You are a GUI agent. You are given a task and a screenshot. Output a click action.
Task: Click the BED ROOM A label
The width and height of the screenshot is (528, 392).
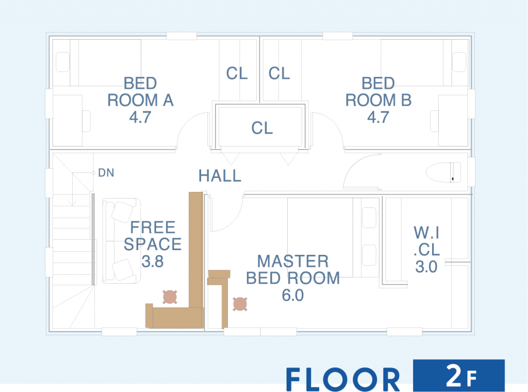(140, 92)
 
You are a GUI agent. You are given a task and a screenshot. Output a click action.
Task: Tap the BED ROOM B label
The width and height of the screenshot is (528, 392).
(378, 92)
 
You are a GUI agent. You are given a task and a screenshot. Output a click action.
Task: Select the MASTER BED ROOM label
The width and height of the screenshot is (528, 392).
(293, 269)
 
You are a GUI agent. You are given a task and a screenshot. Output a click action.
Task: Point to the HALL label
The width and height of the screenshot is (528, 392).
(220, 176)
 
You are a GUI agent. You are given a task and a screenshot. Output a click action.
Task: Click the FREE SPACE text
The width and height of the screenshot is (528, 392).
(153, 236)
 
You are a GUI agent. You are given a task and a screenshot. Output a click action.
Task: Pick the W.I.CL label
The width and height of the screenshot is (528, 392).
(426, 241)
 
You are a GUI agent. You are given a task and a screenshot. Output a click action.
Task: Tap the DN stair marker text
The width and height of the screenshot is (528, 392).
(106, 173)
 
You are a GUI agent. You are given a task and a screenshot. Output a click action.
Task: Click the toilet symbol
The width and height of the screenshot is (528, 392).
(443, 172)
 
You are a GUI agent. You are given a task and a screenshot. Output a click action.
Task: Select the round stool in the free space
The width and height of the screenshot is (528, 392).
(170, 297)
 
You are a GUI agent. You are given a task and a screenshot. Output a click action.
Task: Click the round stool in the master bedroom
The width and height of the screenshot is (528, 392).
(240, 304)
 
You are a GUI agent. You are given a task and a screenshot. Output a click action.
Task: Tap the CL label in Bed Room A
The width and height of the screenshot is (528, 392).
(237, 73)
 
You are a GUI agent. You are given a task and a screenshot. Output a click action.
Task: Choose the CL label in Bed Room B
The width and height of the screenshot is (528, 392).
(279, 73)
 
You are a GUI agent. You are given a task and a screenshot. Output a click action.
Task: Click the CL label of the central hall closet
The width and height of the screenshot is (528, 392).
(262, 128)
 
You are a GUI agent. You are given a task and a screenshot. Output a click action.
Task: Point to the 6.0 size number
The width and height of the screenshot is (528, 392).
(293, 296)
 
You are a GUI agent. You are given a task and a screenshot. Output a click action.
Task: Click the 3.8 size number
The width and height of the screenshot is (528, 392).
(153, 262)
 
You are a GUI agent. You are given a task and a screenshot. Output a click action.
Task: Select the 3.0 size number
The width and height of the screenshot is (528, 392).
(426, 267)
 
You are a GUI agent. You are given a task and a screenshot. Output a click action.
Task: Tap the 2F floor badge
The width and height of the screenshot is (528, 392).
(459, 375)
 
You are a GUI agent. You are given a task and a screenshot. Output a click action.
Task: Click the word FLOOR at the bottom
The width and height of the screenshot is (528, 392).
(343, 380)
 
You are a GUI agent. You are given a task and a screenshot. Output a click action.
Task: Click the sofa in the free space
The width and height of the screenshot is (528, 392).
(121, 241)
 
